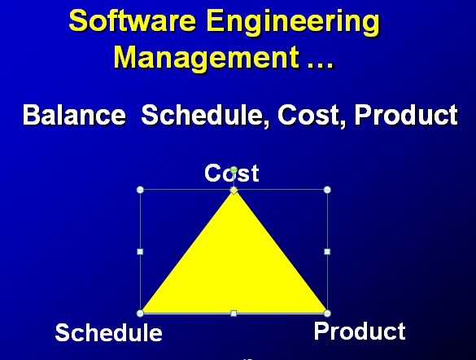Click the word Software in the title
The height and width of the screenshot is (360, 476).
pos(120,21)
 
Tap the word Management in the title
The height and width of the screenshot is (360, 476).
pos(201,57)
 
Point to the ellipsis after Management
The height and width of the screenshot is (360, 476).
pos(315,59)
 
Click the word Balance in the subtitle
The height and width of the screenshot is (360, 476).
pos(73,115)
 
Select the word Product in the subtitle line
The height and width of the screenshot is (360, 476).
pos(406,115)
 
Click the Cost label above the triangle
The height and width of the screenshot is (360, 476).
pos(231,173)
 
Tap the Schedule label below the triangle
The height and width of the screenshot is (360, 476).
pos(108,332)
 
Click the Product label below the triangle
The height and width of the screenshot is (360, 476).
pos(359,331)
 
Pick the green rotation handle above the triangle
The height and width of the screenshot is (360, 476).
pos(234,170)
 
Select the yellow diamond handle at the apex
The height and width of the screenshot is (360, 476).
pos(234,190)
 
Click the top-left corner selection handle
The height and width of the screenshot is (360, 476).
pos(140,190)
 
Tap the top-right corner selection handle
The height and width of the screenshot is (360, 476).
pos(327,190)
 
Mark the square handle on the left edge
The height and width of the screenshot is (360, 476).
pos(140,252)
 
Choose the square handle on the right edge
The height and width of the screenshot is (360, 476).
pos(327,252)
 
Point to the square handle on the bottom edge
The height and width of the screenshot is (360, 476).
pos(234,313)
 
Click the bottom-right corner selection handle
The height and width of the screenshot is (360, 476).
pos(327,313)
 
